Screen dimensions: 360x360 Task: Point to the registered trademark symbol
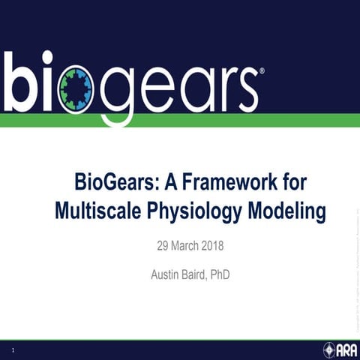[261, 73]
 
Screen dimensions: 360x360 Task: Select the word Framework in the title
[236, 182]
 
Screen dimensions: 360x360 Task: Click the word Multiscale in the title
[99, 211]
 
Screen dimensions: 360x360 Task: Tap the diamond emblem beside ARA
[328, 349]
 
